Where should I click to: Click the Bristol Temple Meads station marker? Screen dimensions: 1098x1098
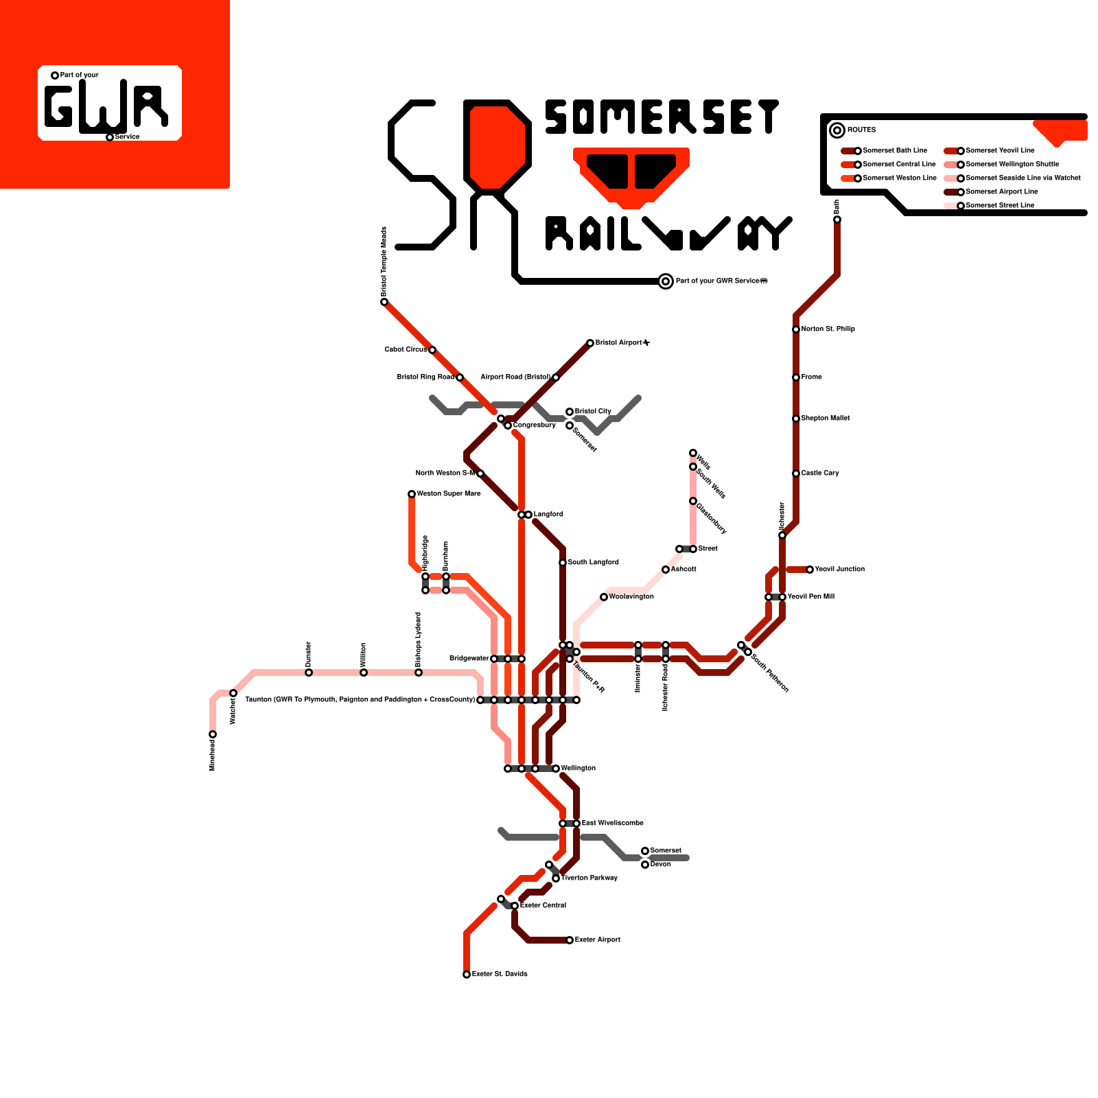point(384,302)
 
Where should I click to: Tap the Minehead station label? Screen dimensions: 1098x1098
point(213,755)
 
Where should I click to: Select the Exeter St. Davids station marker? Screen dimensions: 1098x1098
point(467,974)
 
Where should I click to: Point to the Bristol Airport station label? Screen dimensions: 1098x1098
point(622,342)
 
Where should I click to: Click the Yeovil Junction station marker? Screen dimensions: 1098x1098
point(810,570)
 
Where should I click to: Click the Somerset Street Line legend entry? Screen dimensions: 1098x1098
point(999,205)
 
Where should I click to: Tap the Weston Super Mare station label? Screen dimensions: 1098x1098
point(449,493)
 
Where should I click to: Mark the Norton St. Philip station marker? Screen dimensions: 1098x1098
point(796,329)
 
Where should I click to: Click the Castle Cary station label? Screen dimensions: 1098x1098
point(820,473)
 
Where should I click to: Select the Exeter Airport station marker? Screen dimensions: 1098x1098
point(570,940)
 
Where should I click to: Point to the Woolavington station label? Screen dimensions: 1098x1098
point(631,596)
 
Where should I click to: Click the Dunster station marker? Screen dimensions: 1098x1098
point(309,673)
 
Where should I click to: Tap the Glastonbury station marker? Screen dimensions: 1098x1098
point(693,501)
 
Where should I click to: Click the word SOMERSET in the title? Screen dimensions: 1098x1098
point(662,117)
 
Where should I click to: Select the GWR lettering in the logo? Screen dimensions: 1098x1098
point(106,106)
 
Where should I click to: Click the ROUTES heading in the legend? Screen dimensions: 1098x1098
point(861,130)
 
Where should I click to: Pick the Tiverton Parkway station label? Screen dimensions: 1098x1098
point(589,878)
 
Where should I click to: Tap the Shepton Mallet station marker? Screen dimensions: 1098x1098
point(796,419)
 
